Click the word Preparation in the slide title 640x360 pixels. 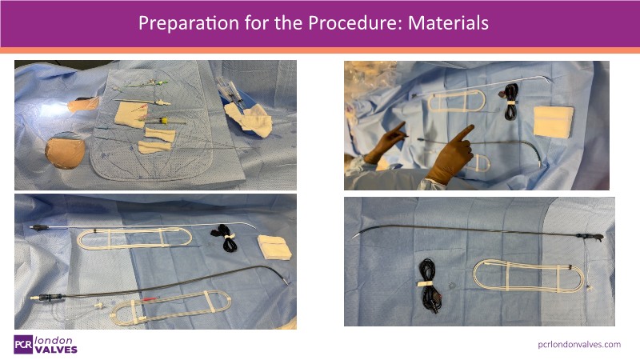(189, 23)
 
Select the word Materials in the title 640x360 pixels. (448, 23)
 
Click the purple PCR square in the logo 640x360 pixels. (23, 345)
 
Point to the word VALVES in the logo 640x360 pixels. (56, 350)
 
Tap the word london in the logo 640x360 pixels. (54, 340)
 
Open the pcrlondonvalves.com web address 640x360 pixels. (579, 345)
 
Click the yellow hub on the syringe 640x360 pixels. (164, 121)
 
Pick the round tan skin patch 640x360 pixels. (65, 153)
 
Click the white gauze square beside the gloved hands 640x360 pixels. (553, 121)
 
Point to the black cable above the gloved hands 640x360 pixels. (509, 102)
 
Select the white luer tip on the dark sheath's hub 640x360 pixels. (34, 298)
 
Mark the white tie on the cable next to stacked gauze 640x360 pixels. (230, 237)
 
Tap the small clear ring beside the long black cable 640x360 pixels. (452, 286)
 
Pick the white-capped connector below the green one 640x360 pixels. (163, 102)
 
